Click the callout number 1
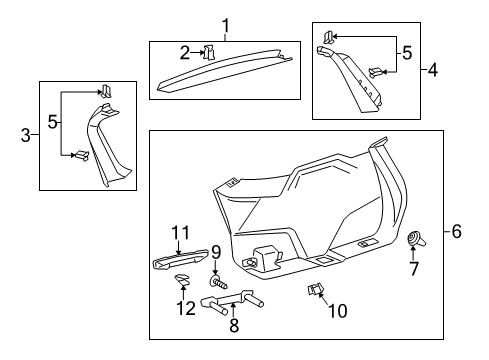(226, 26)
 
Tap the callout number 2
(185, 53)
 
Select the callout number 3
(25, 135)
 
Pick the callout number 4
(432, 70)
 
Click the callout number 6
(456, 231)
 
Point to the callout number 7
(414, 269)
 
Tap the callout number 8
(234, 325)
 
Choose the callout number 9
(216, 252)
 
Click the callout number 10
(338, 311)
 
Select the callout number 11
(180, 233)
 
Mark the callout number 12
(186, 308)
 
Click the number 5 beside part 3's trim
(53, 122)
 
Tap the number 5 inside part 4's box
(407, 53)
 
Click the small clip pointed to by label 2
(209, 52)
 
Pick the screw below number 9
(219, 283)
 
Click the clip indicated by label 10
(315, 289)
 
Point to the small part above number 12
(182, 280)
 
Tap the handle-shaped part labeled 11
(180, 259)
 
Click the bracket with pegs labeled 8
(232, 301)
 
